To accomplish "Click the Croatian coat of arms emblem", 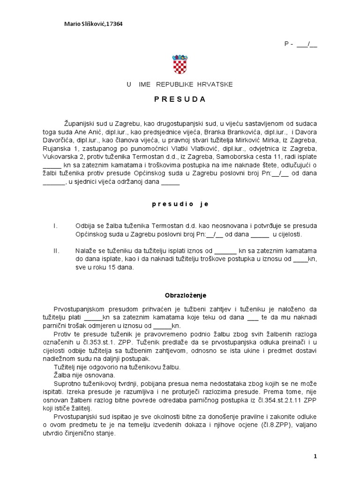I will coord(180,64).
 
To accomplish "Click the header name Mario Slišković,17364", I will coord(93,24).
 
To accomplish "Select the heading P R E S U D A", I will coord(180,99).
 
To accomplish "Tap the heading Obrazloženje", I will coord(185,296).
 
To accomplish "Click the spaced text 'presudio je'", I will coord(180,204).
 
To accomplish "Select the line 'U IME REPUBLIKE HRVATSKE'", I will coord(180,84).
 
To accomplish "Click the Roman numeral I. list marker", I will coord(55,226).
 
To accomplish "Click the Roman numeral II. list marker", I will coord(56,251).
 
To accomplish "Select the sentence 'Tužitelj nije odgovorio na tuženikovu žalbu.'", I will coord(117,367).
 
